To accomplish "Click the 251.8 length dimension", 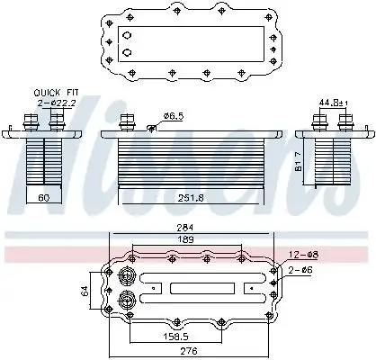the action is click(x=191, y=198).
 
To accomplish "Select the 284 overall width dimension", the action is click(x=185, y=227).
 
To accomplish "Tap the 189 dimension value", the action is click(x=185, y=239).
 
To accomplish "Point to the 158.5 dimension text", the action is click(x=175, y=337).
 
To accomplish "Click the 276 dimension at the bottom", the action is click(x=190, y=350).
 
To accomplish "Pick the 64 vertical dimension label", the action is click(x=85, y=291).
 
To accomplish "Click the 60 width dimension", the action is click(x=44, y=197).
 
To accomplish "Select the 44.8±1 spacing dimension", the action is click(x=334, y=103).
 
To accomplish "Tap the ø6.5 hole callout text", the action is click(x=174, y=116).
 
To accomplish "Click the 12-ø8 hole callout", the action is click(x=303, y=255).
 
